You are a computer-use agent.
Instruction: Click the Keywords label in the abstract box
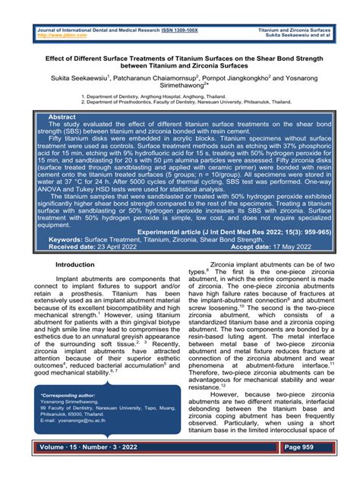point(71,239)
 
